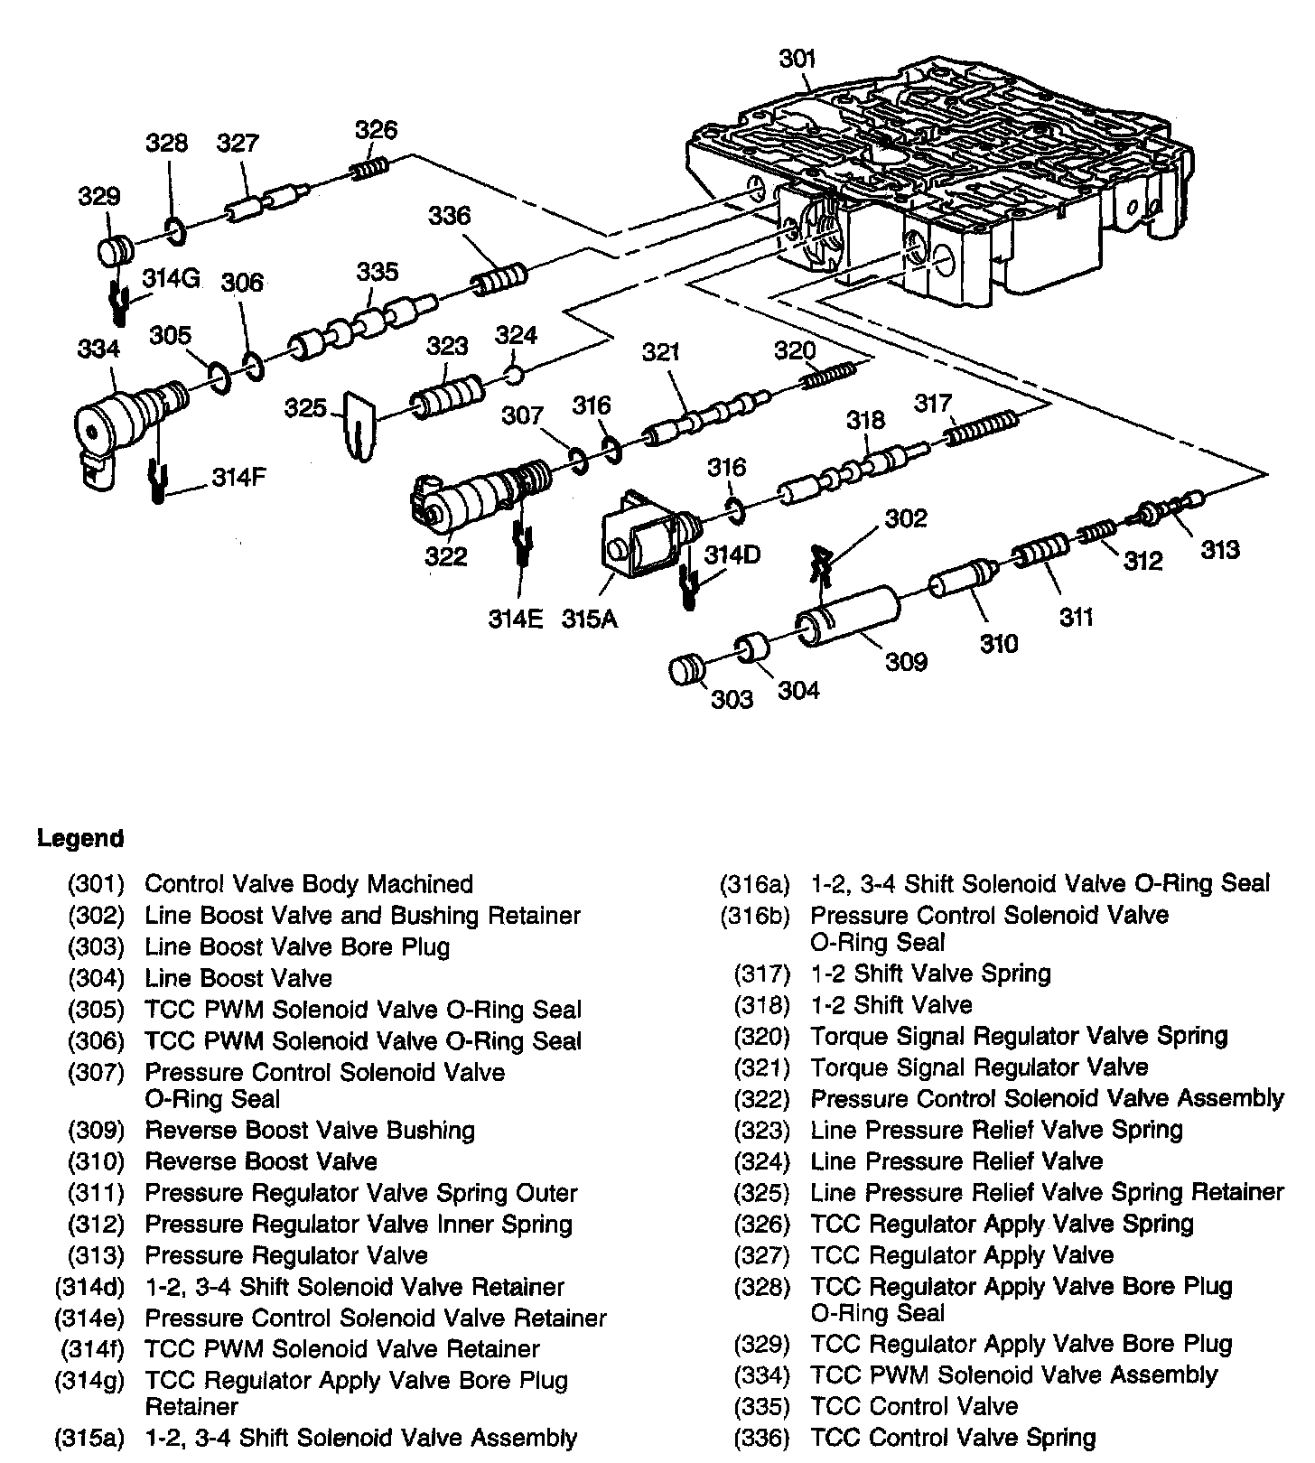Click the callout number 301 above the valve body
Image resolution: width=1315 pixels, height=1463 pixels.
[797, 59]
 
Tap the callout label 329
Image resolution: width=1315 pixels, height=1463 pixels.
[99, 197]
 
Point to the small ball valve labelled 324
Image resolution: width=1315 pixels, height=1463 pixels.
[514, 373]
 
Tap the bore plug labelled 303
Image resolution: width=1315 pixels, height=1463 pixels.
[687, 671]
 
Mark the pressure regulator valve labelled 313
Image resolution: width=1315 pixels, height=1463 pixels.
[1170, 508]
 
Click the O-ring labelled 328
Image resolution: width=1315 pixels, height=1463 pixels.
[176, 231]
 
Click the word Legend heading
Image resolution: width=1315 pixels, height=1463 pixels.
[79, 838]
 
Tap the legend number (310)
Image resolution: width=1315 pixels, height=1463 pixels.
[95, 1161]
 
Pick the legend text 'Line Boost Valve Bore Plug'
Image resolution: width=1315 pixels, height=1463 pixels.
[297, 946]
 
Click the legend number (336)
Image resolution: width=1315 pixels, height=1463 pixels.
[761, 1437]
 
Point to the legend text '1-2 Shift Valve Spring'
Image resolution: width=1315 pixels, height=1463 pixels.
[930, 974]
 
